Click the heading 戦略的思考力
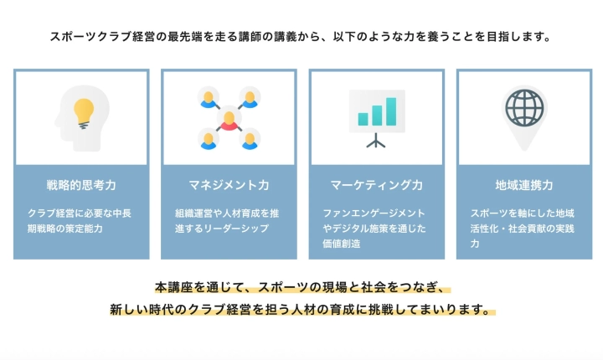pos(81,184)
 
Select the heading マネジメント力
pos(228,184)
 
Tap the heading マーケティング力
pos(376,184)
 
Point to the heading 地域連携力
pos(523,184)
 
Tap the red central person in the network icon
pos(229,119)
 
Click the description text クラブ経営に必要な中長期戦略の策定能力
pos(80,220)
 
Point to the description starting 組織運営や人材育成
pos(227,220)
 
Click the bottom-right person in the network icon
pos(250,139)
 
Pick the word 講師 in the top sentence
pos(254,38)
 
